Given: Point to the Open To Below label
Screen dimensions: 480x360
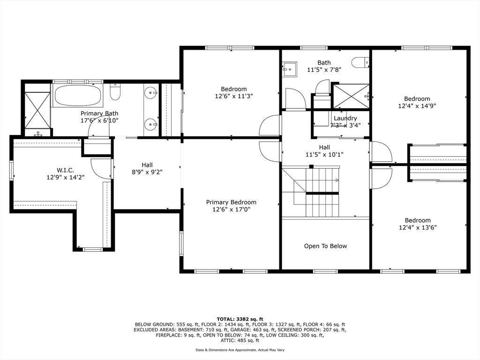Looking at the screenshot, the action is [325, 246].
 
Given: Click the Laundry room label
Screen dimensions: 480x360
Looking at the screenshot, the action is [345, 118].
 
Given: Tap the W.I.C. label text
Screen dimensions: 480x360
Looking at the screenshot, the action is [65, 170].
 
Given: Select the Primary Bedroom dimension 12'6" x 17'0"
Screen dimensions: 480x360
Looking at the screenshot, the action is [231, 210].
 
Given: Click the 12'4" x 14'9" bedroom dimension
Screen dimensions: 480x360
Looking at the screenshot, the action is [417, 106].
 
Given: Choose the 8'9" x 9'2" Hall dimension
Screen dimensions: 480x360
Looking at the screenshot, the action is [147, 172].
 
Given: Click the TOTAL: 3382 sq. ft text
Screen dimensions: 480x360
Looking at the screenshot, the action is [240, 319].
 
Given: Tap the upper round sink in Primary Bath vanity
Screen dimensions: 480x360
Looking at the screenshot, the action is [150, 92].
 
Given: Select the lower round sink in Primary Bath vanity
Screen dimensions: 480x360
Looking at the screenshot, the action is [150, 124].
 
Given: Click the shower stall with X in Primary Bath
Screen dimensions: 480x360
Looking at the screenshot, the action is [37, 110].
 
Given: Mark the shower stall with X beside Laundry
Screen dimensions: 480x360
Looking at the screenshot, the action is [351, 96].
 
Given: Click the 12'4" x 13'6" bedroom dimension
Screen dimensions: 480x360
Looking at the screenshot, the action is [418, 227].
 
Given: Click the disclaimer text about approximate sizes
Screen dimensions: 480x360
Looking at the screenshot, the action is [240, 350].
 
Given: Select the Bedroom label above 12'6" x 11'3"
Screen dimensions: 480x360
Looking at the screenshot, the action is [234, 89].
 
